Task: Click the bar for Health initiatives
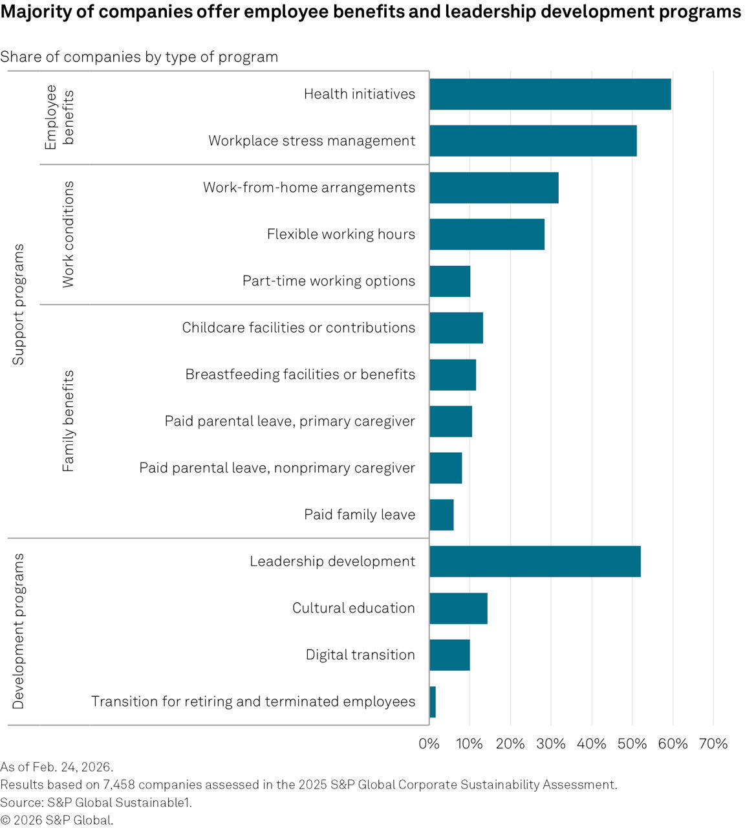550,94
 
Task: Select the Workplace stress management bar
533,141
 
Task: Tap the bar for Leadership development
535,561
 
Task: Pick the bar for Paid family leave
442,515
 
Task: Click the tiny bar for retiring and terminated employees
433,702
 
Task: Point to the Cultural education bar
459,608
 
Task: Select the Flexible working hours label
341,234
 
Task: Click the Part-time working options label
329,281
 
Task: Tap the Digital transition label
360,655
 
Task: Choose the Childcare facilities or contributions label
298,328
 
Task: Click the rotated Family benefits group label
68,421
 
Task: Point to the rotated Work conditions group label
68,234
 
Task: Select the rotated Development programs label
18,631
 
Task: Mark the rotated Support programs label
18,304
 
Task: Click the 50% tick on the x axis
632,744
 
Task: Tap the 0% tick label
429,744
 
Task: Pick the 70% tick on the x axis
713,744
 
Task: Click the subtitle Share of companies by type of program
139,57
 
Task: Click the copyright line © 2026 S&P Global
57,820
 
